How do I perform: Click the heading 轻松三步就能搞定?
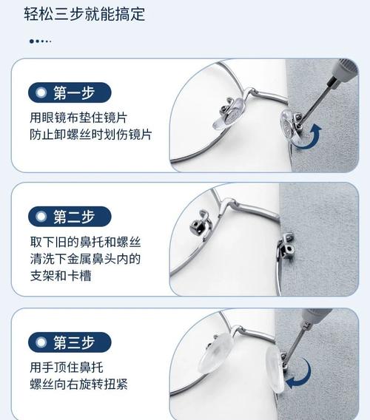[x=84, y=13]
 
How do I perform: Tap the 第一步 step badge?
[x=70, y=92]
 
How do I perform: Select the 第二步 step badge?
[x=70, y=217]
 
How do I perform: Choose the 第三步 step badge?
[x=70, y=342]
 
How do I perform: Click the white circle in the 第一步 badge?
[x=41, y=92]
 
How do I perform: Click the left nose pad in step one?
[x=229, y=115]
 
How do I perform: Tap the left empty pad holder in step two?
[x=201, y=223]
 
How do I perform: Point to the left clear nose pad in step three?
[x=216, y=352]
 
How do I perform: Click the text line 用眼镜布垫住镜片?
[x=78, y=118]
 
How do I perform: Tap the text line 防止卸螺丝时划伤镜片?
[x=90, y=135]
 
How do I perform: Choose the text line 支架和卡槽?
[x=61, y=276]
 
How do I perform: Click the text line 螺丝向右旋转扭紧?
[x=79, y=384]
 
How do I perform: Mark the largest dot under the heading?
[x=32, y=41]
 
